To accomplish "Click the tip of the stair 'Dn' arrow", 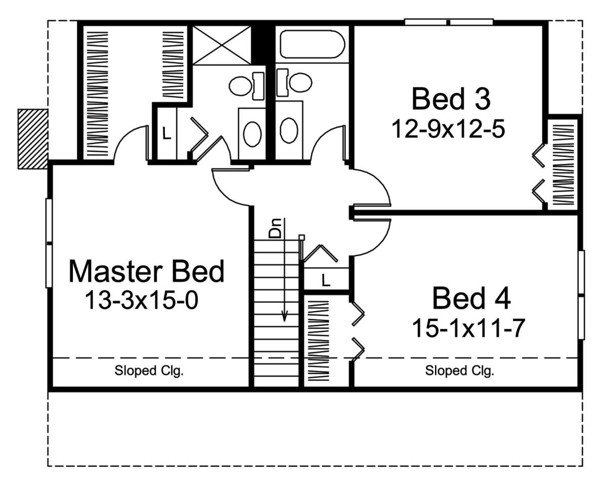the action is (285, 321).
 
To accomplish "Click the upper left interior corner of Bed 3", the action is (354, 26).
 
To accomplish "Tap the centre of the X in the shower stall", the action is (222, 45).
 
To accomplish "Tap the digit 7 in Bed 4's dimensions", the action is (518, 328).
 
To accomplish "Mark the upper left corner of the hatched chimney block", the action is (18, 109).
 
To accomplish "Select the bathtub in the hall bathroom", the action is (312, 45).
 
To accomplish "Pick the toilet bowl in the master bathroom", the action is (240, 86).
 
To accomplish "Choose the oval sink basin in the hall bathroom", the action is (289, 130).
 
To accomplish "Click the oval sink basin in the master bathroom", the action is (252, 134).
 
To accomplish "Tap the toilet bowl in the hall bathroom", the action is (300, 82).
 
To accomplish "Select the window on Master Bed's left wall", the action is (49, 243).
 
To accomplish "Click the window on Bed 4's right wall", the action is (581, 294).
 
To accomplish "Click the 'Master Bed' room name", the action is (146, 271).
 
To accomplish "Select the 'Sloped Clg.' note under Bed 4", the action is (459, 371).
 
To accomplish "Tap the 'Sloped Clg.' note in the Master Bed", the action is (149, 371).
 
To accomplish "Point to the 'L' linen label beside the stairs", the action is (326, 280).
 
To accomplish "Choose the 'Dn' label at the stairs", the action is (275, 228).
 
